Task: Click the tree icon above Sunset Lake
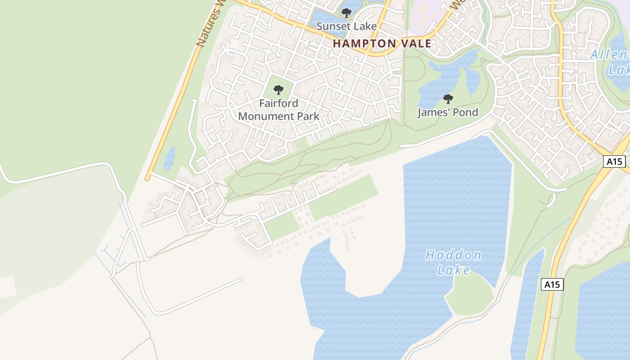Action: pos(346,13)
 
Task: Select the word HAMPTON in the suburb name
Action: pos(364,44)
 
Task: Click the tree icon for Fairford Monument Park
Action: pos(279,90)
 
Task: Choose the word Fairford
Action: pos(279,103)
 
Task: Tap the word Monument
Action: pos(266,116)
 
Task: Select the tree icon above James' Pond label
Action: pos(448,99)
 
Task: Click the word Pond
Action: pos(464,112)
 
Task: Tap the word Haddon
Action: pos(453,256)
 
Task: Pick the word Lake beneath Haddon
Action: pos(454,270)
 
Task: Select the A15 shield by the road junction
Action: pos(614,162)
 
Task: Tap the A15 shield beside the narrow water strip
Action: pos(552,284)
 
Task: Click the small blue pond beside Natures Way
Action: pos(170,158)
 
